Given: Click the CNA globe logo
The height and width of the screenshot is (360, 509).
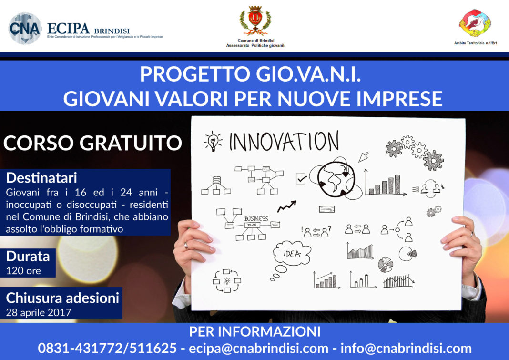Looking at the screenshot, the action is (25, 28).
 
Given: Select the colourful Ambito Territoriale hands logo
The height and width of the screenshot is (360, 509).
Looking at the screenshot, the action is (475, 23).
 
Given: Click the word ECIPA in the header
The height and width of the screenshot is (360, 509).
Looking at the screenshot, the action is (68, 29).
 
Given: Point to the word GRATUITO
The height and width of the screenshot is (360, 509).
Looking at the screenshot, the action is (131, 143).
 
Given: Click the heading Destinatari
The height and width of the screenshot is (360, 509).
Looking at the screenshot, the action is (41, 178).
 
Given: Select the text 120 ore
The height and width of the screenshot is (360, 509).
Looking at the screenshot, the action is (23, 271).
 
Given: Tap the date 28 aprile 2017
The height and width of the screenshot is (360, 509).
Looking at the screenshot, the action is (38, 312).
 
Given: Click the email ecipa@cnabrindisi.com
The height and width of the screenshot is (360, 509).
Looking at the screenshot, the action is (258, 348).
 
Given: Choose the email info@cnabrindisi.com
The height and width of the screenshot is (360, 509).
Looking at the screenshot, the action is (406, 348).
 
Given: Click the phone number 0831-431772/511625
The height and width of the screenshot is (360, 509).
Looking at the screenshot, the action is (107, 348).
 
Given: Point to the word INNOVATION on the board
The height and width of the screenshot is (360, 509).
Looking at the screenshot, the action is (284, 141).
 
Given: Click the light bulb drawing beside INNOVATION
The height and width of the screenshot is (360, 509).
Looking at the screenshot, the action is (213, 141).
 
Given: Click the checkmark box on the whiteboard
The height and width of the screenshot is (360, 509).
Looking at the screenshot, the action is (301, 178).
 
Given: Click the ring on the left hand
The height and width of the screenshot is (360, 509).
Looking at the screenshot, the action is (186, 245).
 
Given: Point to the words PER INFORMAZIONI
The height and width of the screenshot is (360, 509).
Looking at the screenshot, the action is (255, 332).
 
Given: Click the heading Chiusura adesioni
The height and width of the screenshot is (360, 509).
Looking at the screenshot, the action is (62, 298).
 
